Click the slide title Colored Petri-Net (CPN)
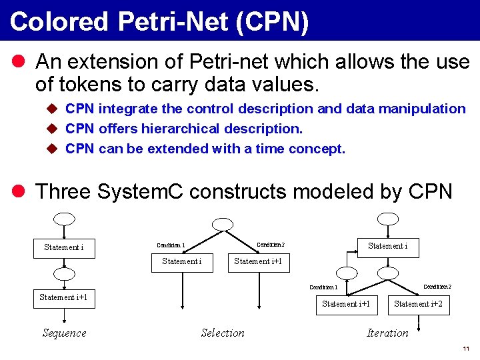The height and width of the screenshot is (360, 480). click(x=159, y=21)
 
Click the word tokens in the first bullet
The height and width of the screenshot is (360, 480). click(x=91, y=85)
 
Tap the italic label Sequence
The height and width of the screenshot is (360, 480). click(x=64, y=333)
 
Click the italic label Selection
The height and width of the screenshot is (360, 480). click(x=223, y=333)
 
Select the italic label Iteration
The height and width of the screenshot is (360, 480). click(x=387, y=333)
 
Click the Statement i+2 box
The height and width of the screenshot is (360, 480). click(x=418, y=304)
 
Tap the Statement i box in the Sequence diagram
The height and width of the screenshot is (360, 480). click(x=64, y=247)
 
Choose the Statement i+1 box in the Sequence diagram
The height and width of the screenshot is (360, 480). click(x=64, y=297)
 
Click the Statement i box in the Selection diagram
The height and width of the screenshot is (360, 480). click(x=182, y=261)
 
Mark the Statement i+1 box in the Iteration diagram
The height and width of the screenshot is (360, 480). click(x=346, y=304)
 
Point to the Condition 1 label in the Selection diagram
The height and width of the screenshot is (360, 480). click(x=171, y=245)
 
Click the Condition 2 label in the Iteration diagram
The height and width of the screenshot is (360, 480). click(x=437, y=287)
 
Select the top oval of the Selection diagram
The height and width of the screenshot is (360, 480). click(x=223, y=225)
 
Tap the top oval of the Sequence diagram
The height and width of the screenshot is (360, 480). click(x=64, y=218)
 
